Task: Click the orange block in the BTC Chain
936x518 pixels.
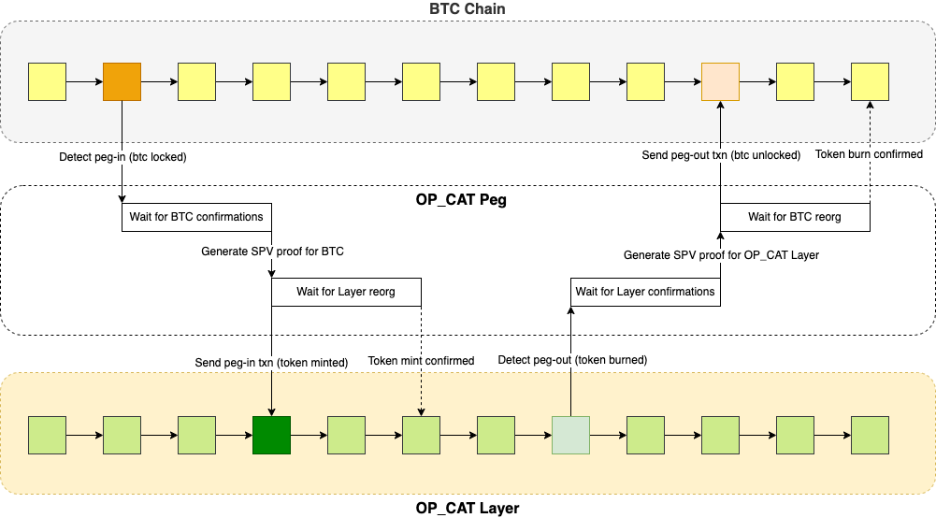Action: click(122, 82)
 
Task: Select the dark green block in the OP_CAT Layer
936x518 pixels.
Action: click(271, 436)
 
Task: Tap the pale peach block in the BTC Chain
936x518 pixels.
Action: click(720, 82)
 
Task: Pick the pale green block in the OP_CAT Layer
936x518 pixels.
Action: click(570, 436)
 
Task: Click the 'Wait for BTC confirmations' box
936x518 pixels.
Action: click(196, 217)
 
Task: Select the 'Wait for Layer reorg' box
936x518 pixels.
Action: click(346, 292)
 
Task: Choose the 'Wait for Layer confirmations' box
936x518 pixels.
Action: click(645, 292)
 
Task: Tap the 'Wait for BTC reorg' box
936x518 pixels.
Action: click(795, 217)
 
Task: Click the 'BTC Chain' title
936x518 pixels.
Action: click(468, 8)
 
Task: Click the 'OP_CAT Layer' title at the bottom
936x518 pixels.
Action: click(468, 509)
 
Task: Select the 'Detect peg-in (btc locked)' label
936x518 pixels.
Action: click(122, 157)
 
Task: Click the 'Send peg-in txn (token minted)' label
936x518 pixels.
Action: click(271, 361)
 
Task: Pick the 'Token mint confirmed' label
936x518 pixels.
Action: click(422, 361)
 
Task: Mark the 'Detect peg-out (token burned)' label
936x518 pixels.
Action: click(572, 360)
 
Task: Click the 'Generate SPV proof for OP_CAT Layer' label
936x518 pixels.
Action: click(721, 254)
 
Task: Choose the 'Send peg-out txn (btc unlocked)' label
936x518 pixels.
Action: click(721, 155)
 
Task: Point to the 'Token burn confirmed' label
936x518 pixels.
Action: click(870, 154)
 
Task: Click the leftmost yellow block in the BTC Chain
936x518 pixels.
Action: click(47, 82)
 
